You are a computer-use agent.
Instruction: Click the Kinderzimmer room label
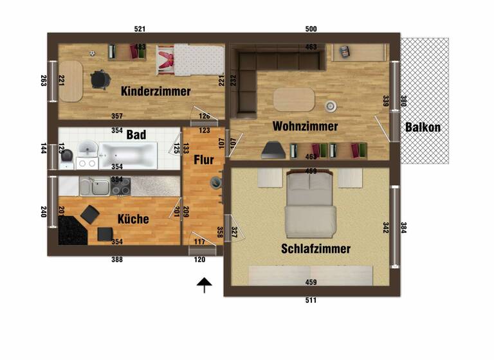tap(156, 91)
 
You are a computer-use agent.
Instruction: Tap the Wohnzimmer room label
tap(305, 126)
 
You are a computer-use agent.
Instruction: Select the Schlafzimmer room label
tap(315, 249)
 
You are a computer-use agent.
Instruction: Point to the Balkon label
tap(423, 127)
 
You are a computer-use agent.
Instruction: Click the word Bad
tap(136, 135)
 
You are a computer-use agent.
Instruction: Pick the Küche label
tap(133, 219)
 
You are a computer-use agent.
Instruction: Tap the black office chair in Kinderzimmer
tap(100, 79)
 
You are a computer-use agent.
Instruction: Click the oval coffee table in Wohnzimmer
tap(294, 100)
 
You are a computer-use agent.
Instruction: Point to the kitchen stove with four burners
tap(120, 186)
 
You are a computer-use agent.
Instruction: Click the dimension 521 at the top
tap(140, 29)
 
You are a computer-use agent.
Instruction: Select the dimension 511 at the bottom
tap(311, 300)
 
